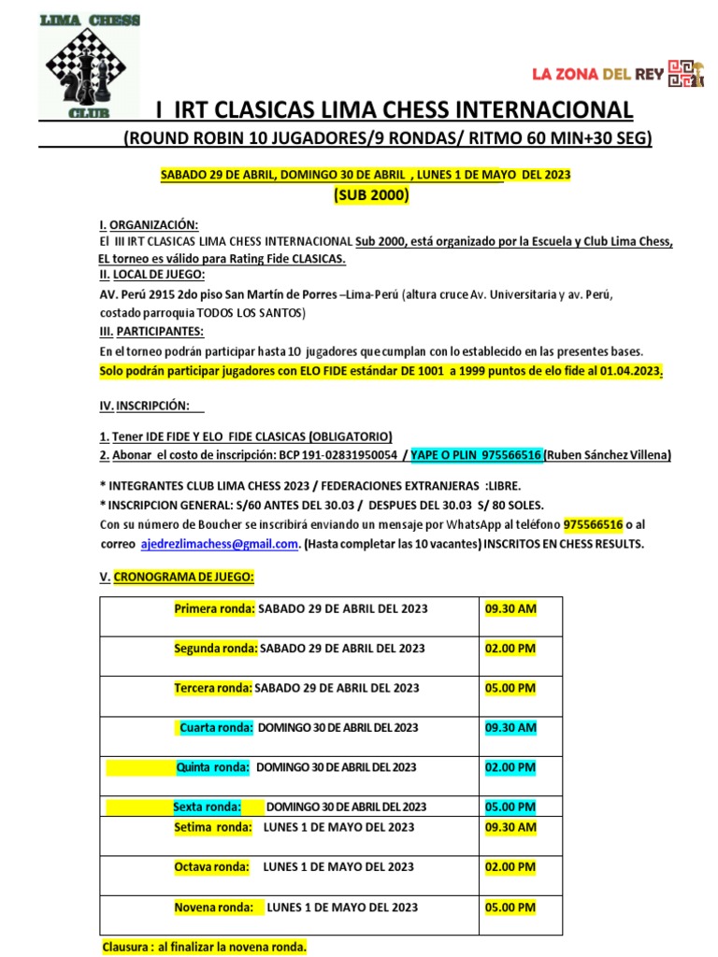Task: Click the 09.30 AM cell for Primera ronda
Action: (510, 608)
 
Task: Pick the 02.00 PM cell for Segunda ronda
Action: (510, 648)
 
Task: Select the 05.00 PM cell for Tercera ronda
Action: (510, 688)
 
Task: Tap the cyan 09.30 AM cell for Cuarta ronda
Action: (510, 727)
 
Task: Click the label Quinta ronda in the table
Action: (213, 767)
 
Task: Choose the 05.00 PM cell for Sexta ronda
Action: (510, 807)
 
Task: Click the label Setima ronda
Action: (213, 827)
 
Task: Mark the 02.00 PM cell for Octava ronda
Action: (510, 867)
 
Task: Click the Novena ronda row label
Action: (214, 907)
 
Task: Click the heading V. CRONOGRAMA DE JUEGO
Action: (177, 578)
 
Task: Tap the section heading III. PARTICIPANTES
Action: (151, 331)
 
